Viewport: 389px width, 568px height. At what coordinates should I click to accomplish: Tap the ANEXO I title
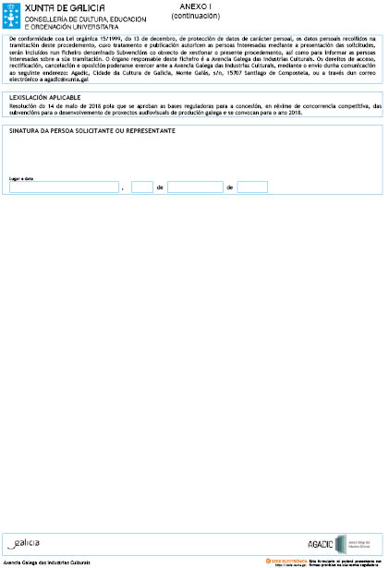point(195,6)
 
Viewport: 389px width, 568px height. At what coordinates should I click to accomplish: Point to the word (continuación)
point(195,15)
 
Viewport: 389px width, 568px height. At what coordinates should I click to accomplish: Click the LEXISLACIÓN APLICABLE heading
point(44,96)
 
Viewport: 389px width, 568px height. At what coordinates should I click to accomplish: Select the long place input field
point(64,187)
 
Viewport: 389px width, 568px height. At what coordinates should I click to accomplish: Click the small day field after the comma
point(141,187)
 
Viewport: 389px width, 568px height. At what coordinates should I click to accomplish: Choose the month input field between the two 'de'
point(195,187)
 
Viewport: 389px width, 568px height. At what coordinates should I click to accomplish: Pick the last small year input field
point(252,187)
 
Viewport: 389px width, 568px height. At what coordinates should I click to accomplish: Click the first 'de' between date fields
point(160,187)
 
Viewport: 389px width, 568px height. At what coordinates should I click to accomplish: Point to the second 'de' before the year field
point(230,187)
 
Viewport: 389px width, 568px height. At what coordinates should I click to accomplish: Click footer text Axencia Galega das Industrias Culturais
point(47,562)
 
